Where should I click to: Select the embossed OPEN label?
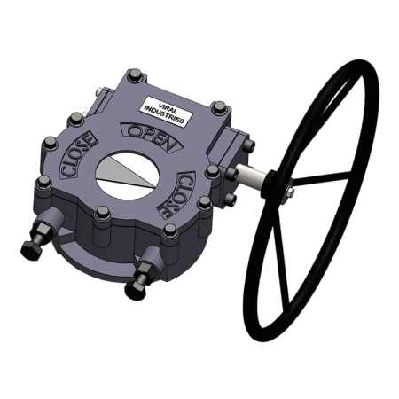153,137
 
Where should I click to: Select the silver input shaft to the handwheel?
262,181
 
